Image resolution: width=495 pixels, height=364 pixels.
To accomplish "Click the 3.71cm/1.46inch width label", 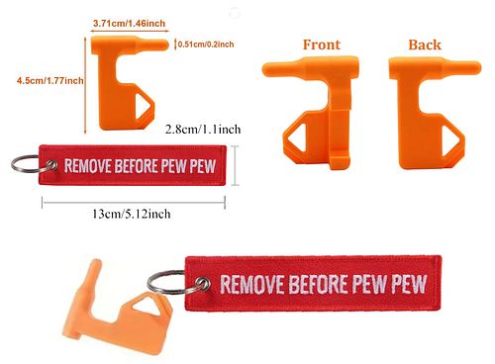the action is pos(129,24).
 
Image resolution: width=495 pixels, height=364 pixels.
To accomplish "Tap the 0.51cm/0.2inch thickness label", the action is pos(206,45).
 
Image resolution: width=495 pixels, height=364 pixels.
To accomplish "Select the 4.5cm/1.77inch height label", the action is pos(50,81).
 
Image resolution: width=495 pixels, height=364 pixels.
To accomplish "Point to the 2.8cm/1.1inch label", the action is pos(203,129).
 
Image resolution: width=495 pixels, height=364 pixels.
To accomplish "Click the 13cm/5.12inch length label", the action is pos(132,214).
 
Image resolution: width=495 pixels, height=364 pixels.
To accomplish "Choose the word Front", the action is pos(322,45).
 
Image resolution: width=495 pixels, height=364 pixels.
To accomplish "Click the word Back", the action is pos(425,45).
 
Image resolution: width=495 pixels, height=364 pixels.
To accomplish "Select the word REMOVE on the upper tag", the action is pos(87,166).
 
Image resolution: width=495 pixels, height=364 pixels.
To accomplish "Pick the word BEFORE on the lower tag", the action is pos(318,284).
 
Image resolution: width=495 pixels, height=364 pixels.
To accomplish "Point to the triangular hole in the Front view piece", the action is pos(297,136).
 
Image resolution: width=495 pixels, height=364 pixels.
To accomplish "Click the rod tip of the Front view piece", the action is pos(265,70).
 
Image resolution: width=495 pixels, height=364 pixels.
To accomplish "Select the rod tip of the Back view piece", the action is pos(477,67).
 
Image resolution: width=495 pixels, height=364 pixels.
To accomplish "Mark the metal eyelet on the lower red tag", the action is pos(202,284).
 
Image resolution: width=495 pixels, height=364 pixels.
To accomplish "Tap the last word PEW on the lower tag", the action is pos(409,284).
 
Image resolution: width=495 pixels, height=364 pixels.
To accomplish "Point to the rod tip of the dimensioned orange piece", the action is pos(165,45).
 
